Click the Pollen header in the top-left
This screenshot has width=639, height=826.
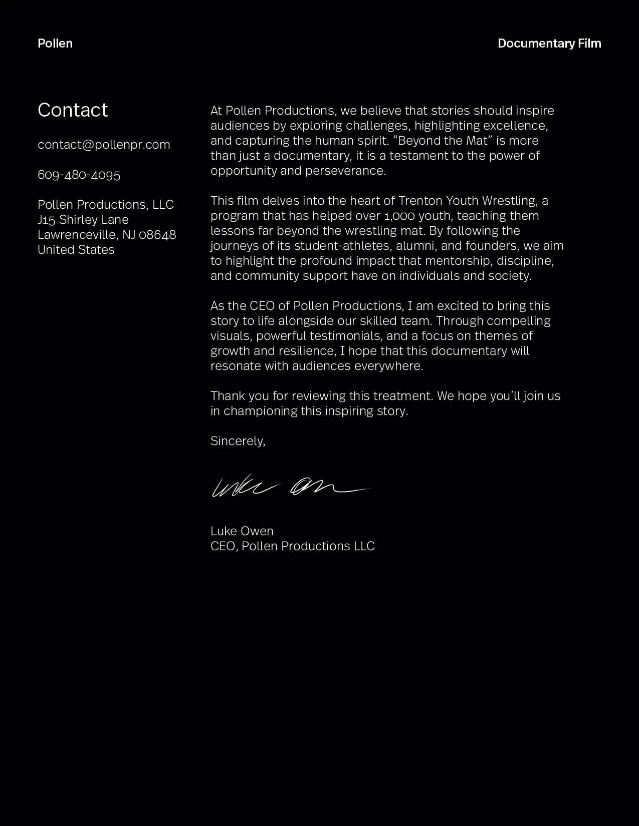click(55, 44)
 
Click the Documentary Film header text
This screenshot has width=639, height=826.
click(549, 44)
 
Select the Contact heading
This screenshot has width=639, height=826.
click(73, 110)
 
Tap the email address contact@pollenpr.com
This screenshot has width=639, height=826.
click(104, 145)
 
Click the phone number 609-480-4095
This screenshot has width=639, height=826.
click(79, 175)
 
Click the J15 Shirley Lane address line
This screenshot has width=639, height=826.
click(83, 220)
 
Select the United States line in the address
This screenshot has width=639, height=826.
click(76, 250)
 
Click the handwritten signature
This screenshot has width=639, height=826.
click(291, 487)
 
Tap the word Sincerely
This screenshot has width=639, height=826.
click(238, 441)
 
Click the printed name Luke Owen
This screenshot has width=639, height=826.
click(242, 531)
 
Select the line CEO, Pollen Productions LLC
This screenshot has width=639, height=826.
click(293, 546)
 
